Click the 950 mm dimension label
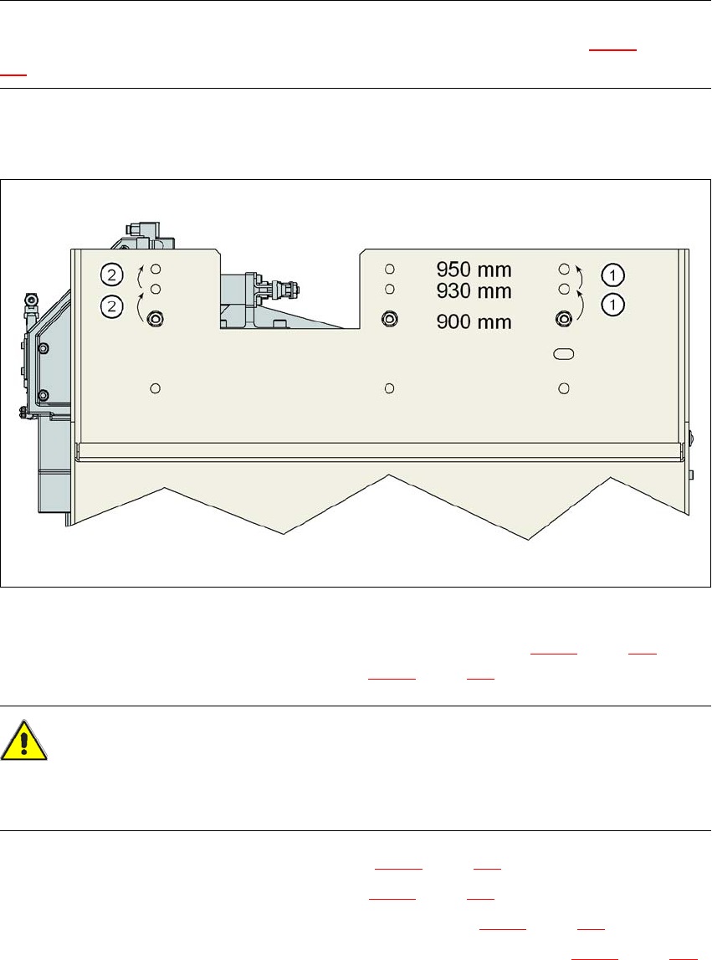tap(474, 270)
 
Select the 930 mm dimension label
tap(474, 290)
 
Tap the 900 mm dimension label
tap(474, 321)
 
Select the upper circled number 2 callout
tap(111, 274)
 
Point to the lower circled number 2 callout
tap(111, 306)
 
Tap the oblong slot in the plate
tap(564, 355)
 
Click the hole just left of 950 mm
tap(389, 269)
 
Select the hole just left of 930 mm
tap(389, 290)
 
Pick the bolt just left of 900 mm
tap(389, 319)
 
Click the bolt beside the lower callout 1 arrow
tap(564, 318)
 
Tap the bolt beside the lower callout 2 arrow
tap(155, 319)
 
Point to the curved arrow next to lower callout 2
tap(140, 306)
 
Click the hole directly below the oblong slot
tap(564, 388)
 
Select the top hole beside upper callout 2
tap(155, 269)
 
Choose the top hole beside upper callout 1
tap(564, 269)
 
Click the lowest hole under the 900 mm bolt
tap(389, 388)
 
